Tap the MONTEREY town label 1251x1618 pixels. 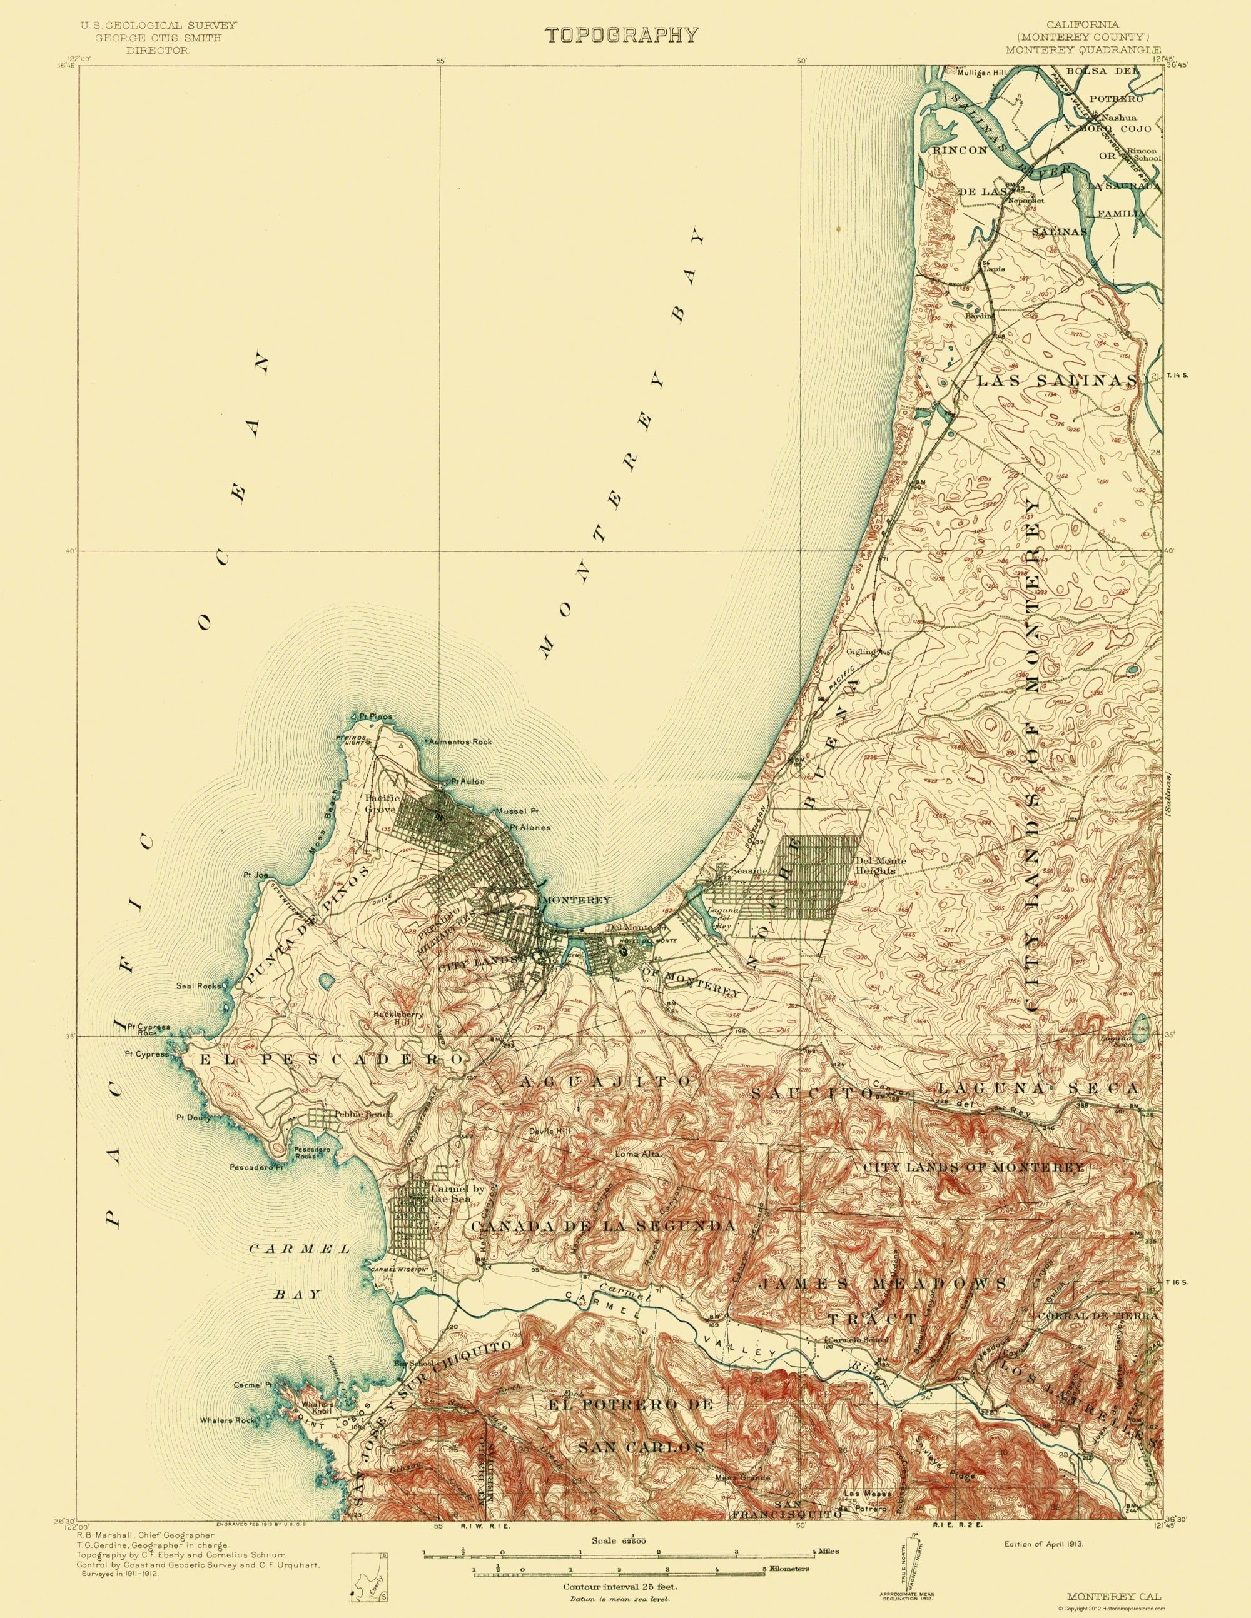click(x=576, y=900)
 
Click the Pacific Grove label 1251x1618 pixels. click(x=382, y=803)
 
